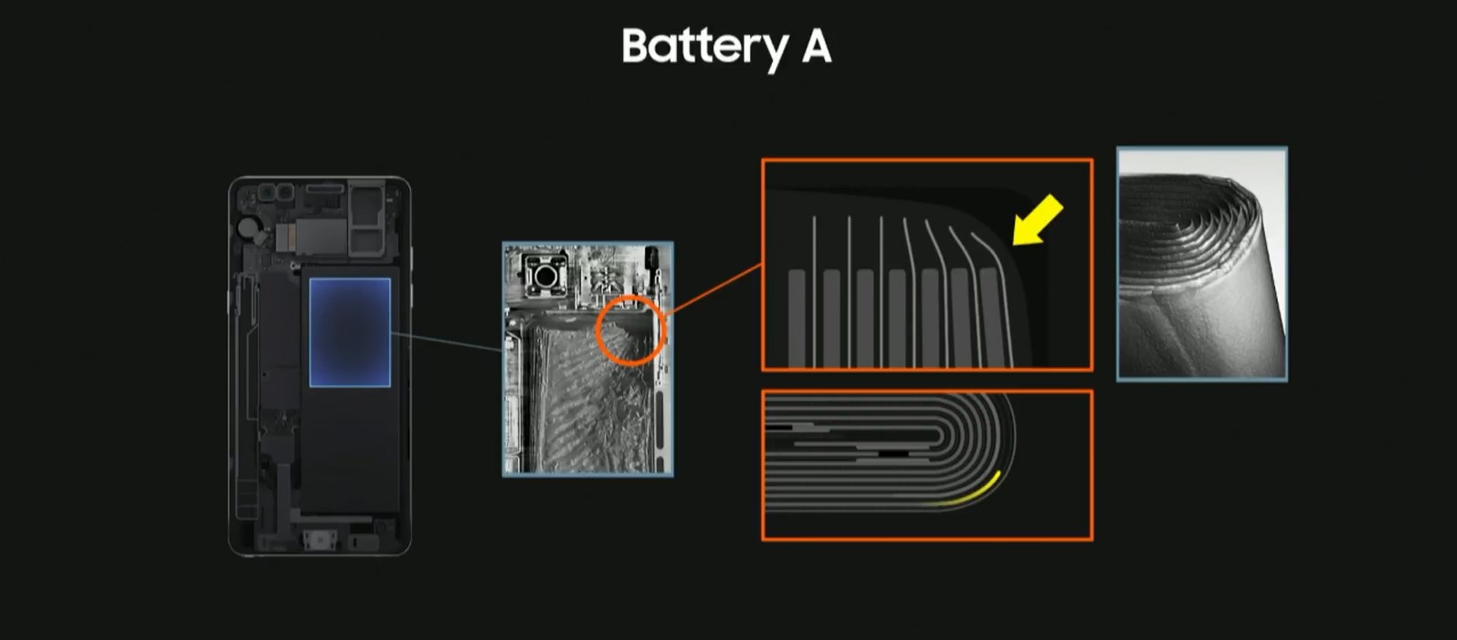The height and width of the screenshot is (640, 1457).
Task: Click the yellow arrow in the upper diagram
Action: (1038, 220)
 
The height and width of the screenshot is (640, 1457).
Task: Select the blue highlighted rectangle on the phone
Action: (350, 332)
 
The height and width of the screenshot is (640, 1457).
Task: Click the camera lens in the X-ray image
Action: (545, 276)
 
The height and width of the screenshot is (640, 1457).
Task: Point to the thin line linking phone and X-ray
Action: (447, 341)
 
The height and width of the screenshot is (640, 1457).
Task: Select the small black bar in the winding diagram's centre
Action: (893, 453)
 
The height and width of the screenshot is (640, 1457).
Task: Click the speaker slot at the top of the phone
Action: (324, 188)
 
